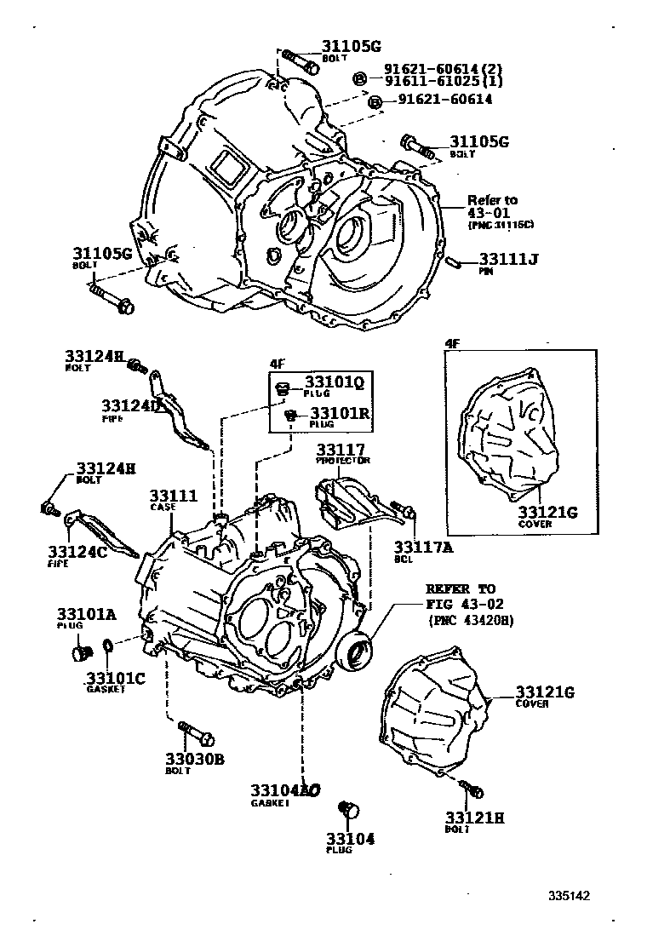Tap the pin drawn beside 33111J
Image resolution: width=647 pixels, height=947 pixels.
click(x=455, y=262)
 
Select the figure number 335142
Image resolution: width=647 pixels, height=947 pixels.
click(x=569, y=896)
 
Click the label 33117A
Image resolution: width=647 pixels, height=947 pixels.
click(x=421, y=548)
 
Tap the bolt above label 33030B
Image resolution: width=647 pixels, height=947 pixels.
click(x=197, y=733)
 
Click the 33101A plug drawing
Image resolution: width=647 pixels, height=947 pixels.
click(x=81, y=654)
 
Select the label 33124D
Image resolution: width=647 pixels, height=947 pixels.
click(x=131, y=405)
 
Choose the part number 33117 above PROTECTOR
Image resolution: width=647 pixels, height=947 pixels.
click(x=341, y=449)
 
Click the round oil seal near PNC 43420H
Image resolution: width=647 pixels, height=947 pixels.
click(x=354, y=652)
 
